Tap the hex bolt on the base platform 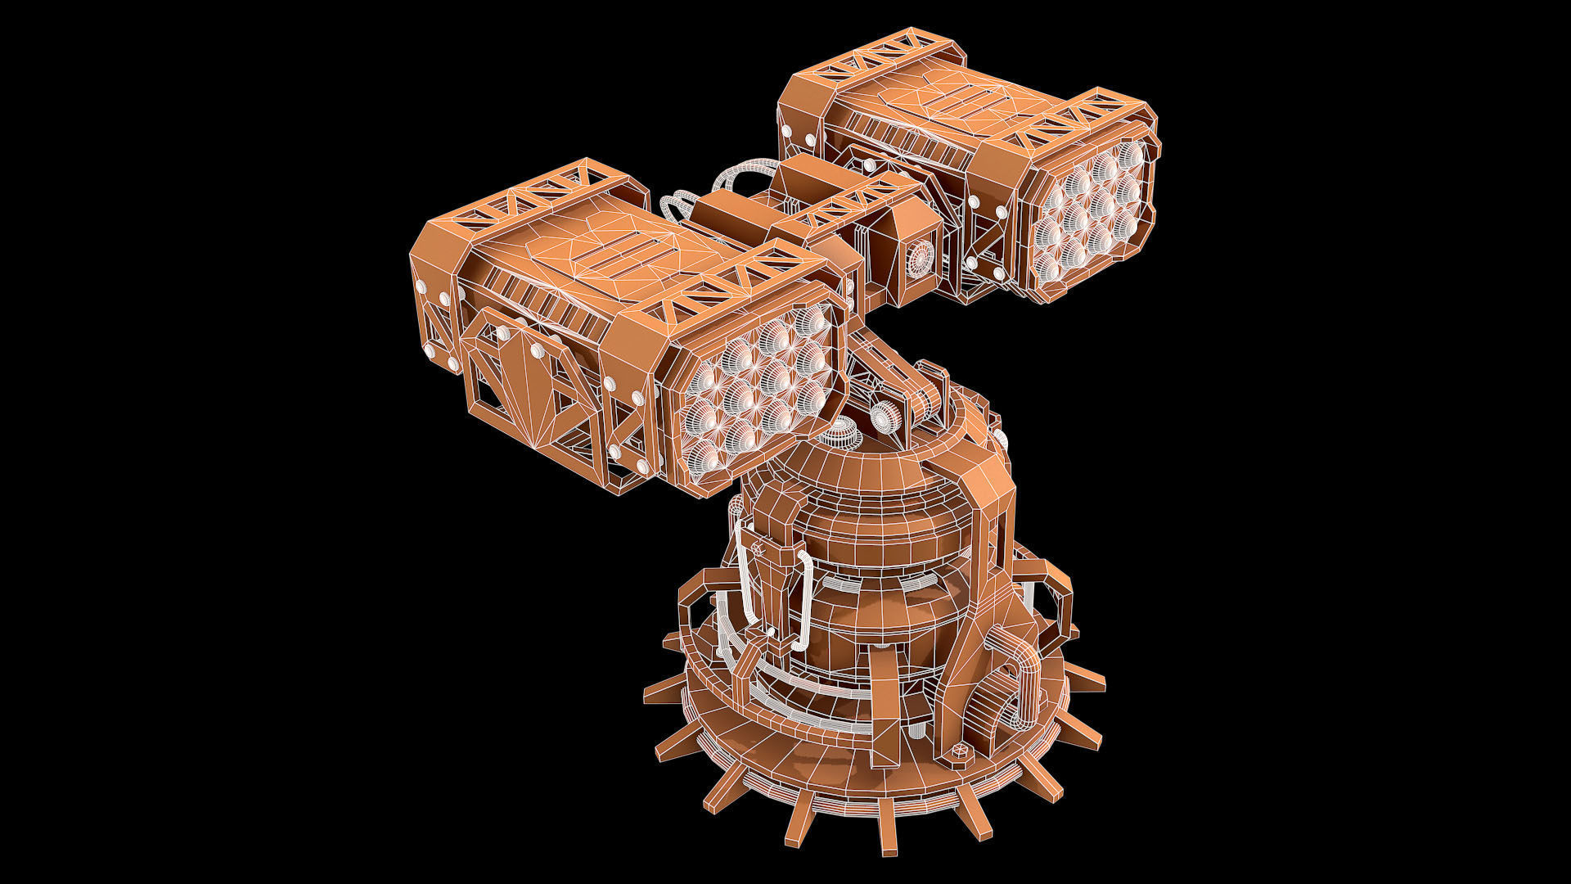click(x=960, y=751)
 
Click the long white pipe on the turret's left click(x=745, y=573)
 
